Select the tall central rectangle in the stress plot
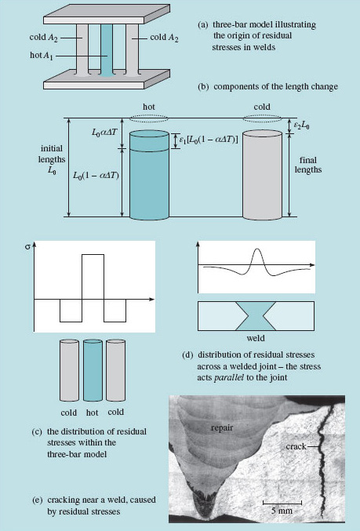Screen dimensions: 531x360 [93, 277]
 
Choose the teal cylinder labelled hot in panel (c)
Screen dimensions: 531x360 [93, 369]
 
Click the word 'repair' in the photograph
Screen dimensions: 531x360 [224, 428]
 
